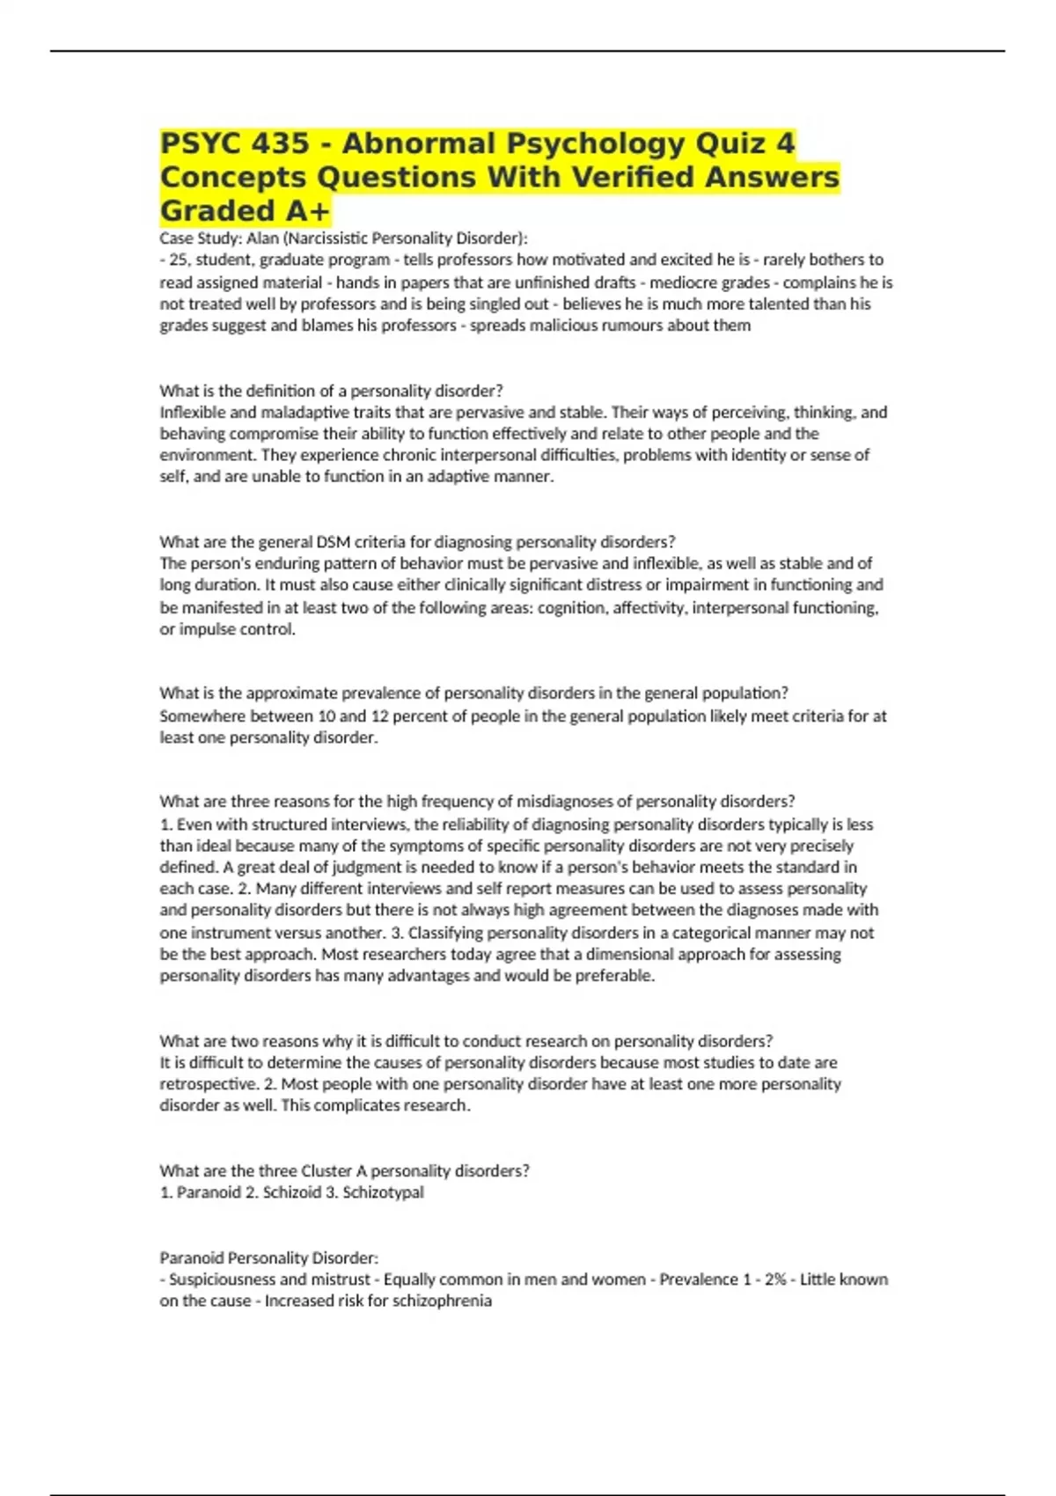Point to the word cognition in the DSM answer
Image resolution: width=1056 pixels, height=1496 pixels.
click(570, 607)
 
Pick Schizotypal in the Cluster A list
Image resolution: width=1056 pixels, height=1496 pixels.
click(383, 1192)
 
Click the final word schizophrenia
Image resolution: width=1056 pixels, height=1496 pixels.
click(443, 1301)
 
